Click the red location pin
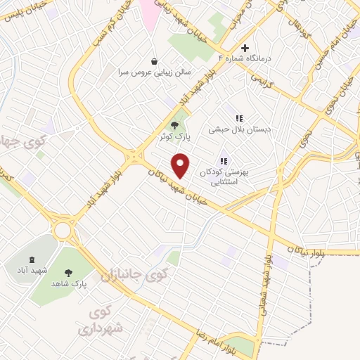point(181,166)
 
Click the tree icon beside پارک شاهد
point(68,273)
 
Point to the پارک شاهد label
point(68,283)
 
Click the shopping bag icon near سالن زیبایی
point(154,61)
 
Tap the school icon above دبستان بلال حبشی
point(239,118)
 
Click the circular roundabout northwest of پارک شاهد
point(64,229)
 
